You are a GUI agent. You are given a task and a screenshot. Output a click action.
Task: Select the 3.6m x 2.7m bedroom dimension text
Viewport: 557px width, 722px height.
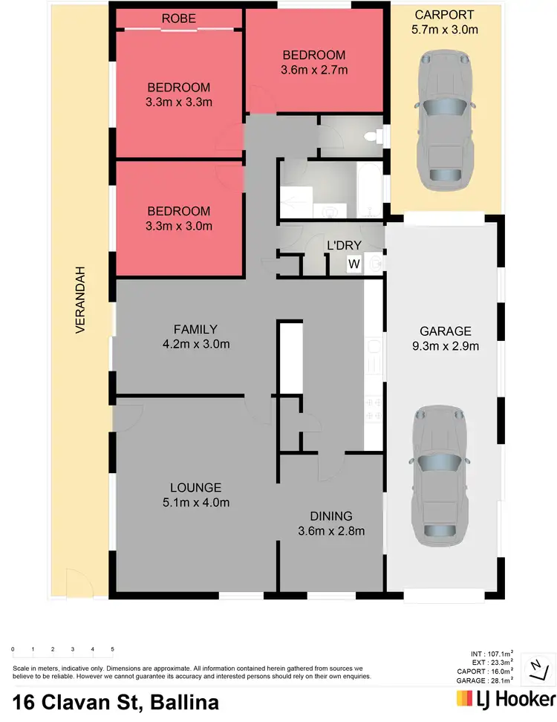(314, 71)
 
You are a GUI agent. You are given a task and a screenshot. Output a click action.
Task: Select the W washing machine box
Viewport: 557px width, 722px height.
(354, 263)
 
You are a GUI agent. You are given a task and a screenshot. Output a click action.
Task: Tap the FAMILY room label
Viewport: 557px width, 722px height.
(195, 329)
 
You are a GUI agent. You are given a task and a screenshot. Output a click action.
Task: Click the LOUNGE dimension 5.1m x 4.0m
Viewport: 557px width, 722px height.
(196, 503)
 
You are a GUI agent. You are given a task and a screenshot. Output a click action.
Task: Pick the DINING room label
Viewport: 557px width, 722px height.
(331, 516)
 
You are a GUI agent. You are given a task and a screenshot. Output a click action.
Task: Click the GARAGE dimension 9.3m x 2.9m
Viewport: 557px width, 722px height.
(446, 346)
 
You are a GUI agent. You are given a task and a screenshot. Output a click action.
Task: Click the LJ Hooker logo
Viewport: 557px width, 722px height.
(505, 700)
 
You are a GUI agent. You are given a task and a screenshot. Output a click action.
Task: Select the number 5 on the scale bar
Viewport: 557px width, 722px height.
(112, 650)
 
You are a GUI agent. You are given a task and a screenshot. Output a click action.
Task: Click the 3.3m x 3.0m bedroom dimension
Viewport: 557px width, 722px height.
(178, 226)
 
